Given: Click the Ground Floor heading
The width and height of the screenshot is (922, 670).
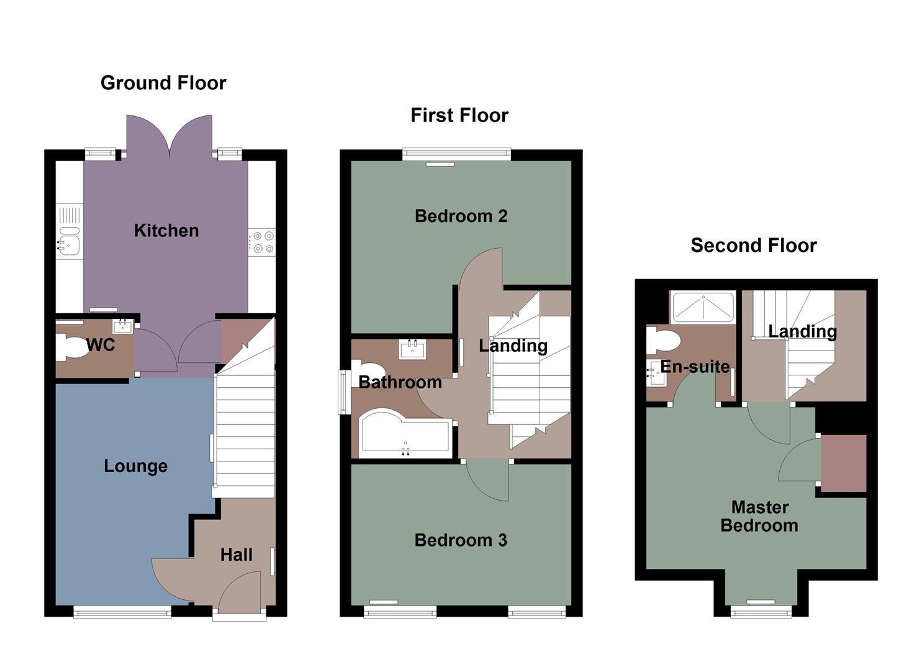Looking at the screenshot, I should pos(163,83).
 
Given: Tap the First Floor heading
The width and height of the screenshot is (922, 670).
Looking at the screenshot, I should pos(459,115).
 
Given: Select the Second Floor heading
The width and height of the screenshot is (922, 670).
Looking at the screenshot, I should pos(753,246).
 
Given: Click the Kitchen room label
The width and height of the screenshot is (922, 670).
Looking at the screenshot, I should pos(166,231).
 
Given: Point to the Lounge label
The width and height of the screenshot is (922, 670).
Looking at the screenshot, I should pos(135,466).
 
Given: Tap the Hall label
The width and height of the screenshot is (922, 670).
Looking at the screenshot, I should pos(236,555).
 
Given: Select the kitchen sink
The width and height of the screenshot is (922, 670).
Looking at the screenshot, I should pos(69,240).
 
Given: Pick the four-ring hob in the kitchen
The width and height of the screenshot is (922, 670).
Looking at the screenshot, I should pos(262,242).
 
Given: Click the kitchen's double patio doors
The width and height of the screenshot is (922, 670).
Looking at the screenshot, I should pos(169,136).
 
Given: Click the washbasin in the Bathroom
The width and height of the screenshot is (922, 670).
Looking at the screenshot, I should pos(412,350).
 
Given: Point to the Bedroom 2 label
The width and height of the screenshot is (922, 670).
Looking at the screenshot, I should pos(461,217).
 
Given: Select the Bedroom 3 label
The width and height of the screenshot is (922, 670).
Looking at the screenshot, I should pos(461,540).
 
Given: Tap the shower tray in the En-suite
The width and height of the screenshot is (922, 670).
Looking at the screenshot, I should pos(703,308).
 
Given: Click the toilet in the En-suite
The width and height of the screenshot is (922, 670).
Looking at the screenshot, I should pos(662,341).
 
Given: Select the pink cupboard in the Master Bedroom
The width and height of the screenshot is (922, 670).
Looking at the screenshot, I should pos(843,463).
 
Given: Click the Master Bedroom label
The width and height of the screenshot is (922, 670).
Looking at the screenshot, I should pos(759,516).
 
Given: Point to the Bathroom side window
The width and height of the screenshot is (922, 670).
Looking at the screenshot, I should pos(343,392).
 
